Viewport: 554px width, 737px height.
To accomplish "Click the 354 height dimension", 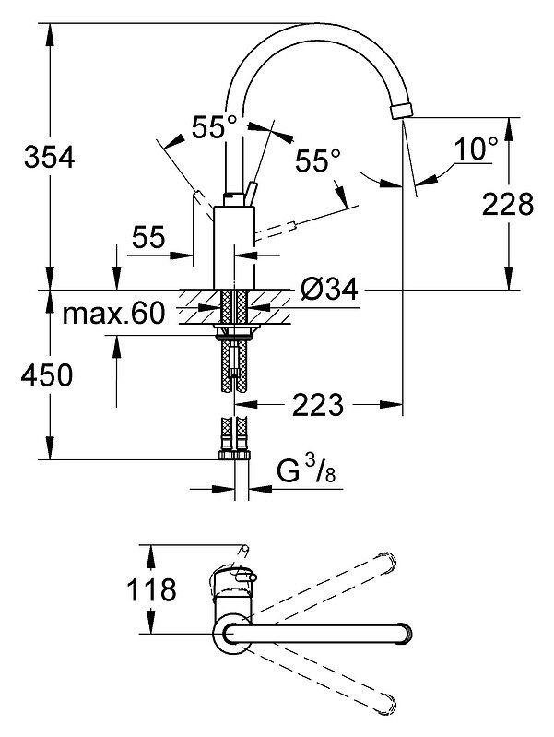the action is click(50, 158).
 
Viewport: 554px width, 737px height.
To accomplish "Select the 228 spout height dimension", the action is click(508, 205).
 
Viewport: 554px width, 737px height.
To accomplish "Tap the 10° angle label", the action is click(476, 149).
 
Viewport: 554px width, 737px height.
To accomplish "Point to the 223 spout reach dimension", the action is click(318, 405).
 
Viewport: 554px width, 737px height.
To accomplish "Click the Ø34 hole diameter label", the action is click(329, 289).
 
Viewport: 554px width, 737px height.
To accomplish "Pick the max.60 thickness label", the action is click(113, 313).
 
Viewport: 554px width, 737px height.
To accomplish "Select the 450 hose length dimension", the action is click(46, 375).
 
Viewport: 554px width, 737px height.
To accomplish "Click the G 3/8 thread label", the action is click(306, 471).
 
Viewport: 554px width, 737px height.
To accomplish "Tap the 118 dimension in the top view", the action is click(151, 589).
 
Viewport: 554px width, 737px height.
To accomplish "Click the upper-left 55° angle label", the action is click(214, 127).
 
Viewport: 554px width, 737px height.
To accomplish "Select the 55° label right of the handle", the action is click(318, 161).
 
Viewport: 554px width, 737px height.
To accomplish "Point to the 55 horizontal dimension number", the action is click(148, 237).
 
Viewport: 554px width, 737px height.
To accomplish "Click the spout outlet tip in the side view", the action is click(402, 112).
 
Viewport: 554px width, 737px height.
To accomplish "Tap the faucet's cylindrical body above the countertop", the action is click(234, 248).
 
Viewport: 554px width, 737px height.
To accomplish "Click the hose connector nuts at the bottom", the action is click(234, 455).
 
